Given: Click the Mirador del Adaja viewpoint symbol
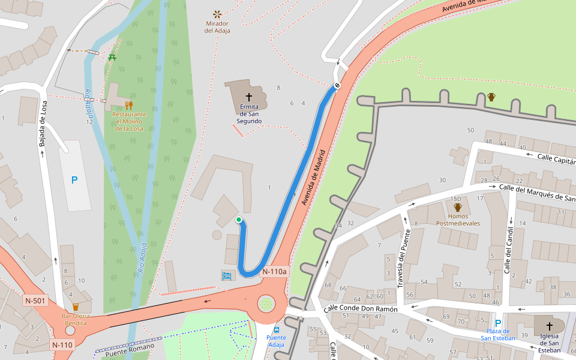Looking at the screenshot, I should pos(217,14).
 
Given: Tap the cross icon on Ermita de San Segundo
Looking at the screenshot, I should pos(249,97).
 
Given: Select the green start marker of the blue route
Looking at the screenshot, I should pos(239,220).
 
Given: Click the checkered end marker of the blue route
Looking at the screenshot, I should pos(338,86).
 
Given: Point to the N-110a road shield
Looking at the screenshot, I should pos(275,272).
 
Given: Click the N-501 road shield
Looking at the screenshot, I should pos(35,300).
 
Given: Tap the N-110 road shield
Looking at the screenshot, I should pos(62,344).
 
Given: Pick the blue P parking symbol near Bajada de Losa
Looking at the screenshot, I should pos(74,180).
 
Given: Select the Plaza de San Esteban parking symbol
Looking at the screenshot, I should pos(497,323).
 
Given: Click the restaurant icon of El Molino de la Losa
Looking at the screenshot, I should pos(129,106).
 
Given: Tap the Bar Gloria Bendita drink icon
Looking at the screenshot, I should pos(76,307).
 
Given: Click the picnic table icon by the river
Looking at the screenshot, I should pos(112,58).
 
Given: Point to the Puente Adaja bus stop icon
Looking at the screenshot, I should pos(277,329).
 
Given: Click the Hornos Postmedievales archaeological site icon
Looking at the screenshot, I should pos(458,208).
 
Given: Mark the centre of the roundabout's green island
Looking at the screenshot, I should pos(266,304).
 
